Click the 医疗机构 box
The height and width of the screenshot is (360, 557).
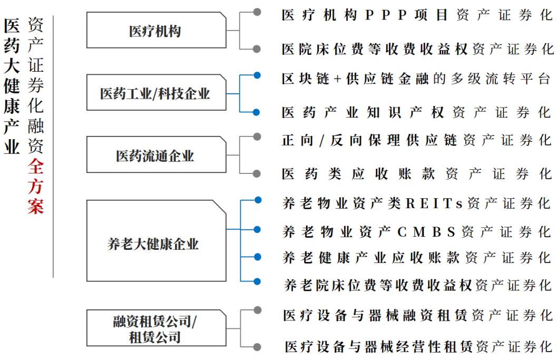(155, 31)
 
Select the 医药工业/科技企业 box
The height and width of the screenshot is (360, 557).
(155, 93)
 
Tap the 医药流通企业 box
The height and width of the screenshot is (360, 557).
(155, 155)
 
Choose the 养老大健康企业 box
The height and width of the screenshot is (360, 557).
(155, 244)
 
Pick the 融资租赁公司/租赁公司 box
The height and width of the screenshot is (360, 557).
(155, 328)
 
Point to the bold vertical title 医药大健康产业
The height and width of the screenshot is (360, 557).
(12, 86)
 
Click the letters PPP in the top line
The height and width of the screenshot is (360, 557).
(387, 15)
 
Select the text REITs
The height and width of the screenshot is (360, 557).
(434, 203)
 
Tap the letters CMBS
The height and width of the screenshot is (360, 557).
(426, 231)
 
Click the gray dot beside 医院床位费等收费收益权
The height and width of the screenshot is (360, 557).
(257, 48)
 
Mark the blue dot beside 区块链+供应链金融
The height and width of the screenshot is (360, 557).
(257, 75)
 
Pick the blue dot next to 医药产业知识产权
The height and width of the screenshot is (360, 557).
(257, 112)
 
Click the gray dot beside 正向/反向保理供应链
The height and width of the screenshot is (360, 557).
(257, 137)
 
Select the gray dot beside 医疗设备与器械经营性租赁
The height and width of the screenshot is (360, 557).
(257, 346)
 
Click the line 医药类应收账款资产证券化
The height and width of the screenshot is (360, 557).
(417, 173)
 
